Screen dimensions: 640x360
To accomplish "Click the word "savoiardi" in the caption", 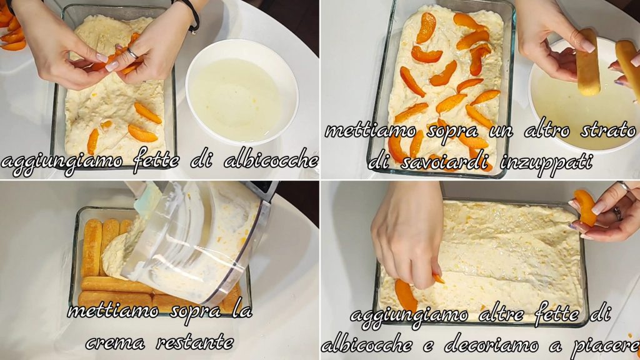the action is [x=446, y=162].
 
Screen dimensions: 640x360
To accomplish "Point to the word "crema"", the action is [x=115, y=342].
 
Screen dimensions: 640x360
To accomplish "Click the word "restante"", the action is [x=196, y=341].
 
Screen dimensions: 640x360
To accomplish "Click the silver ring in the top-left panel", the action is [x=132, y=54].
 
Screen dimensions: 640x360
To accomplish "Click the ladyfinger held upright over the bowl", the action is [x=587, y=62].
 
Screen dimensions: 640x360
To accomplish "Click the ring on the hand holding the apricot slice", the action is [x=617, y=214].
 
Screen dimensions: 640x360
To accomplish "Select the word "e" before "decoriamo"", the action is [x=427, y=346].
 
